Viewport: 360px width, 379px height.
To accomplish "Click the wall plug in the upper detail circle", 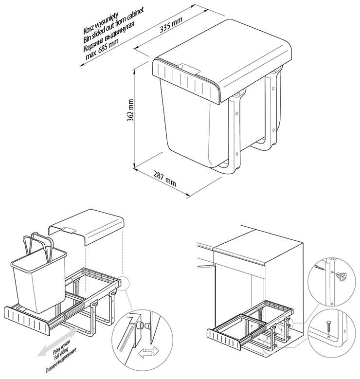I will pyautogui.click(x=340, y=276).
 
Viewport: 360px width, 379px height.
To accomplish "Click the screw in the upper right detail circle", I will pyautogui.click(x=319, y=267).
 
